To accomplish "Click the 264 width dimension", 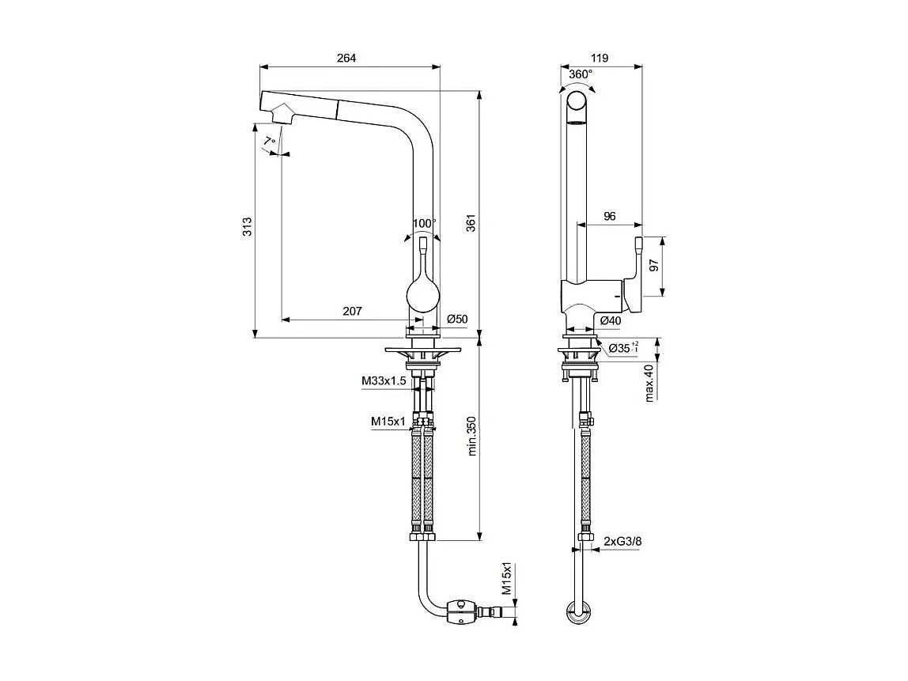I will [x=346, y=58].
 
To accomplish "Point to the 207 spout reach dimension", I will [x=352, y=311].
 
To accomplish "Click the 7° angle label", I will [x=270, y=141].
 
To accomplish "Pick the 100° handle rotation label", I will [x=423, y=223].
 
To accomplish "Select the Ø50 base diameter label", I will [x=457, y=319].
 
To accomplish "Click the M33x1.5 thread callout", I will [x=384, y=381].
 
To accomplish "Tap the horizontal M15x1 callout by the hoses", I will [x=388, y=422].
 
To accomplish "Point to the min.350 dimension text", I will [x=471, y=437].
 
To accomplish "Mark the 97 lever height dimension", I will [x=653, y=267].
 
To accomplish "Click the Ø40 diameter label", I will [x=610, y=320].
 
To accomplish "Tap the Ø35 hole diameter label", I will [x=622, y=347].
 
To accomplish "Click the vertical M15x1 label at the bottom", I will [x=507, y=580].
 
